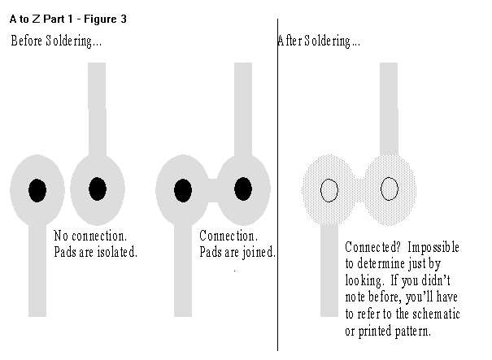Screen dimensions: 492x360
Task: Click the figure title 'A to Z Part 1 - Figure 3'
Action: coord(68,20)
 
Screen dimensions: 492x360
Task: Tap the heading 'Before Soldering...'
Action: coord(56,41)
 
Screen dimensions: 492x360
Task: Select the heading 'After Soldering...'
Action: coord(319,41)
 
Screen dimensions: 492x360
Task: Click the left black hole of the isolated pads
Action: coord(37,190)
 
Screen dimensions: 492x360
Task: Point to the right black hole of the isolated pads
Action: coord(98,189)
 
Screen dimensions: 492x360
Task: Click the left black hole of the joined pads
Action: coord(183,190)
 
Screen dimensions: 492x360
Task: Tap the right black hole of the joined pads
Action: coord(243,189)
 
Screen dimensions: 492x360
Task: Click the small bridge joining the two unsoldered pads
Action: coord(213,190)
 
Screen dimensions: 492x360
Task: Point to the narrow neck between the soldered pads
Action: coord(359,190)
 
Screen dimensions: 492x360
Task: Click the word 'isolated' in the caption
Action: coord(117,252)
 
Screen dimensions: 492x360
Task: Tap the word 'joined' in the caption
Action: coord(259,253)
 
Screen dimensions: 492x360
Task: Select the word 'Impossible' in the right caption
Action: coord(433,247)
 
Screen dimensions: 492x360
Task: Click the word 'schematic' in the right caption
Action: coord(436,314)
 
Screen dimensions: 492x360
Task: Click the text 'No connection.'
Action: coord(90,236)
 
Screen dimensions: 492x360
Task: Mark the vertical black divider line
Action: coord(277,185)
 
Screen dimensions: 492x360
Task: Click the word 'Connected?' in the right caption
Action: coord(372,247)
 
